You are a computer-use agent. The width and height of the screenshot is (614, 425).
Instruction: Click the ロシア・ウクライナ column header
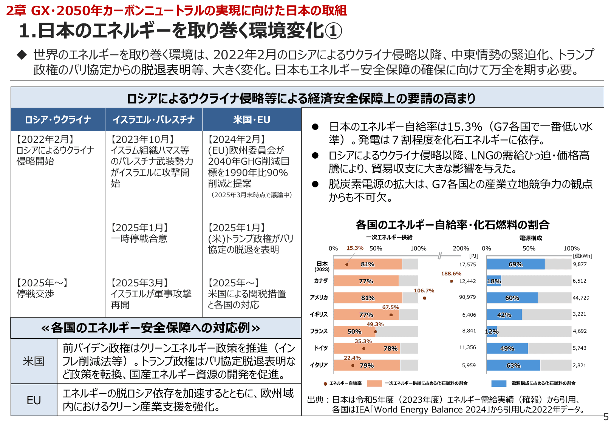click(x=58, y=119)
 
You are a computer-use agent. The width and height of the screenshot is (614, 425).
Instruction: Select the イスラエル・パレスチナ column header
click(x=153, y=119)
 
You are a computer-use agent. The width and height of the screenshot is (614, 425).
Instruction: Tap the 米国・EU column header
click(x=252, y=119)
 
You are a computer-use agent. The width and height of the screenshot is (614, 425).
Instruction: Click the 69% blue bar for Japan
click(x=515, y=264)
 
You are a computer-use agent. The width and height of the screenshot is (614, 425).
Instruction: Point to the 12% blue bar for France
click(x=492, y=331)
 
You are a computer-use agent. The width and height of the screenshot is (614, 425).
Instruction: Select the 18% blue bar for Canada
click(x=494, y=281)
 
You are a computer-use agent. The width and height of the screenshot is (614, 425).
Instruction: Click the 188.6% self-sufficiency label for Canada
click(x=451, y=274)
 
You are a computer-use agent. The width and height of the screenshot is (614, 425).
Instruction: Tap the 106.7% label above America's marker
click(x=424, y=291)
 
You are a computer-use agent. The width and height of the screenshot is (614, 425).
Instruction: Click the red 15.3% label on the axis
click(x=355, y=248)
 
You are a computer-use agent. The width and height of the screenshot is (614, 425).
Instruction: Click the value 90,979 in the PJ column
click(x=467, y=297)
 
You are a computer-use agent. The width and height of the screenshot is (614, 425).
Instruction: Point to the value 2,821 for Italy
click(x=579, y=365)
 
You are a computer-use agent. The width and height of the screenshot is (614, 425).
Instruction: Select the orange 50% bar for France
click(x=354, y=331)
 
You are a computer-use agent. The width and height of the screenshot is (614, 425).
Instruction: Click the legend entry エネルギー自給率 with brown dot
click(x=343, y=383)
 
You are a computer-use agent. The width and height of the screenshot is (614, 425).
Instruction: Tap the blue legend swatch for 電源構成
click(x=498, y=383)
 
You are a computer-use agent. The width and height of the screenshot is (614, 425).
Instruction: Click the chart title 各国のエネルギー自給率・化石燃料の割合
click(x=452, y=225)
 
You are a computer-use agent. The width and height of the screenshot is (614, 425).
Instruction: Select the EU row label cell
click(x=34, y=400)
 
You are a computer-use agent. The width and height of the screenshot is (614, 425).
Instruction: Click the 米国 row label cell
click(x=34, y=361)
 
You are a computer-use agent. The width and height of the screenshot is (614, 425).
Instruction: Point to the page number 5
click(x=606, y=417)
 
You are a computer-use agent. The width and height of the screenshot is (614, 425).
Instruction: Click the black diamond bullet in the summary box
click(x=22, y=55)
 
